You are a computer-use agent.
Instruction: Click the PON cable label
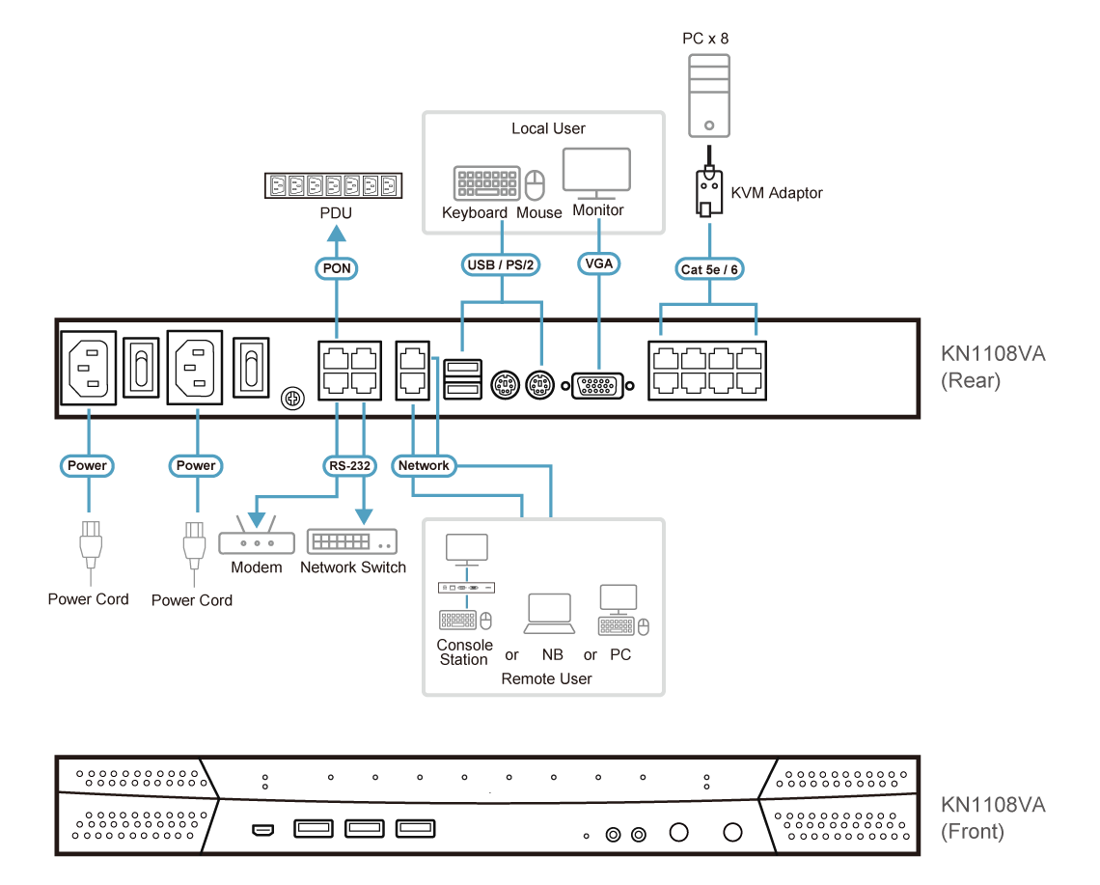336,267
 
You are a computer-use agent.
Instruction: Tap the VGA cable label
599,263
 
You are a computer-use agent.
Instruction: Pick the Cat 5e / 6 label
709,269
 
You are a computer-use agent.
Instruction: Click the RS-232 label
348,465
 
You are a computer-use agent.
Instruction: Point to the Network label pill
424,465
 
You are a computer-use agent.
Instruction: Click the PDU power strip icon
333,186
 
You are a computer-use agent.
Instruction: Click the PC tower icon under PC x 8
709,95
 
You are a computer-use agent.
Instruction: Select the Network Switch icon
352,540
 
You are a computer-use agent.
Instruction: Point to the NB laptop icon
550,614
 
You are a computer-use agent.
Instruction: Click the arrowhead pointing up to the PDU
336,232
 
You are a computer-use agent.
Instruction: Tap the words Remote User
546,678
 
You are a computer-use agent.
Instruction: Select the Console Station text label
464,652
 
